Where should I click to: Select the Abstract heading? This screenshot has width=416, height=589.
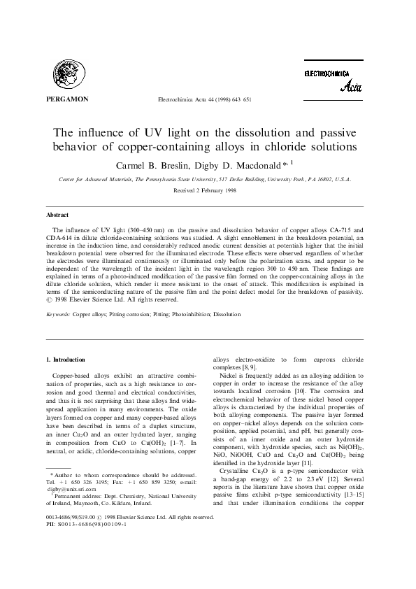click(x=57, y=217)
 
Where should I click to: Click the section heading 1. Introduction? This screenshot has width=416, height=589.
click(x=65, y=358)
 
